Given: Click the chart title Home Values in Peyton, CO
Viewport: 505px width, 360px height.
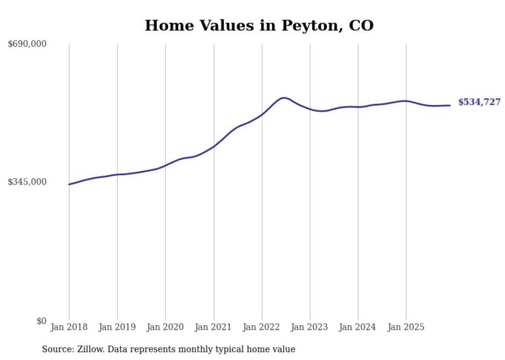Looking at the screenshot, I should (259, 25).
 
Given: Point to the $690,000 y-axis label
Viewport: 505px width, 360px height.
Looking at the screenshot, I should (27, 44).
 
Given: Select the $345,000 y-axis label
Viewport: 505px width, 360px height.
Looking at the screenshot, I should (27, 182).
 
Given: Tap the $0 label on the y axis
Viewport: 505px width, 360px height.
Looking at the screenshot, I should (41, 321).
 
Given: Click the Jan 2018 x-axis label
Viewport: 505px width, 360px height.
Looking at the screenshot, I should (69, 327).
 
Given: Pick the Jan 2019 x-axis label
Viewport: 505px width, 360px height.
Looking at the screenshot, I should (117, 327).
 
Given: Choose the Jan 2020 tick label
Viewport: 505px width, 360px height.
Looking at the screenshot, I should (165, 327).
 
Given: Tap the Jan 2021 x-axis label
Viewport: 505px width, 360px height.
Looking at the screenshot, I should (213, 327).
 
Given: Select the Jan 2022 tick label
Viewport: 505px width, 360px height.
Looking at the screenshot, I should (262, 327).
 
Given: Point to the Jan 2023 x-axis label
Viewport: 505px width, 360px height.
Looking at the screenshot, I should (310, 327).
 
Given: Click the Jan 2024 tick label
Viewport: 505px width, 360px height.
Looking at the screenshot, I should (358, 327).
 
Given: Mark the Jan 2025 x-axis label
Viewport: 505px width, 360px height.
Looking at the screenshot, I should (406, 327).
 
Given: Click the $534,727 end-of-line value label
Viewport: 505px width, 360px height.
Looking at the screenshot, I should (479, 102).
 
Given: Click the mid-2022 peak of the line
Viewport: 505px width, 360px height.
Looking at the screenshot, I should (283, 98).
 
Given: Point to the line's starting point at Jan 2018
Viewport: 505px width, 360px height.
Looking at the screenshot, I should (69, 184).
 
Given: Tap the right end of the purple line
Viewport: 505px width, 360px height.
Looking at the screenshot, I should (450, 106).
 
